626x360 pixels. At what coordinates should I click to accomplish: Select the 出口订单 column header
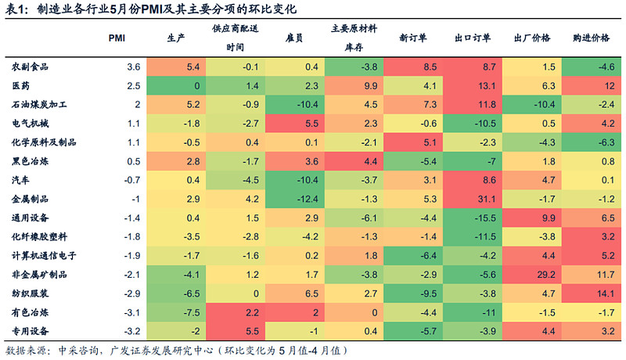pos(473,38)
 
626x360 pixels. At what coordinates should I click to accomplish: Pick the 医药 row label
pos(20,85)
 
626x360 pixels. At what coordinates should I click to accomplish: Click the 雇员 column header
pos(295,38)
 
